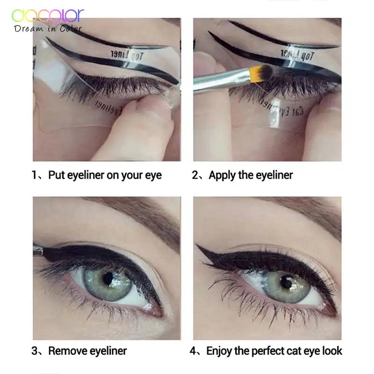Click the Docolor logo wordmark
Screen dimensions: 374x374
tap(48, 15)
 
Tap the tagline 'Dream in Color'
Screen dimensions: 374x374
tap(49, 29)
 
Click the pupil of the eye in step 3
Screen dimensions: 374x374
tap(108, 278)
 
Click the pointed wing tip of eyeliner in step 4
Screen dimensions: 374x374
tap(199, 246)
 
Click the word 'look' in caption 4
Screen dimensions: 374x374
tap(331, 351)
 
